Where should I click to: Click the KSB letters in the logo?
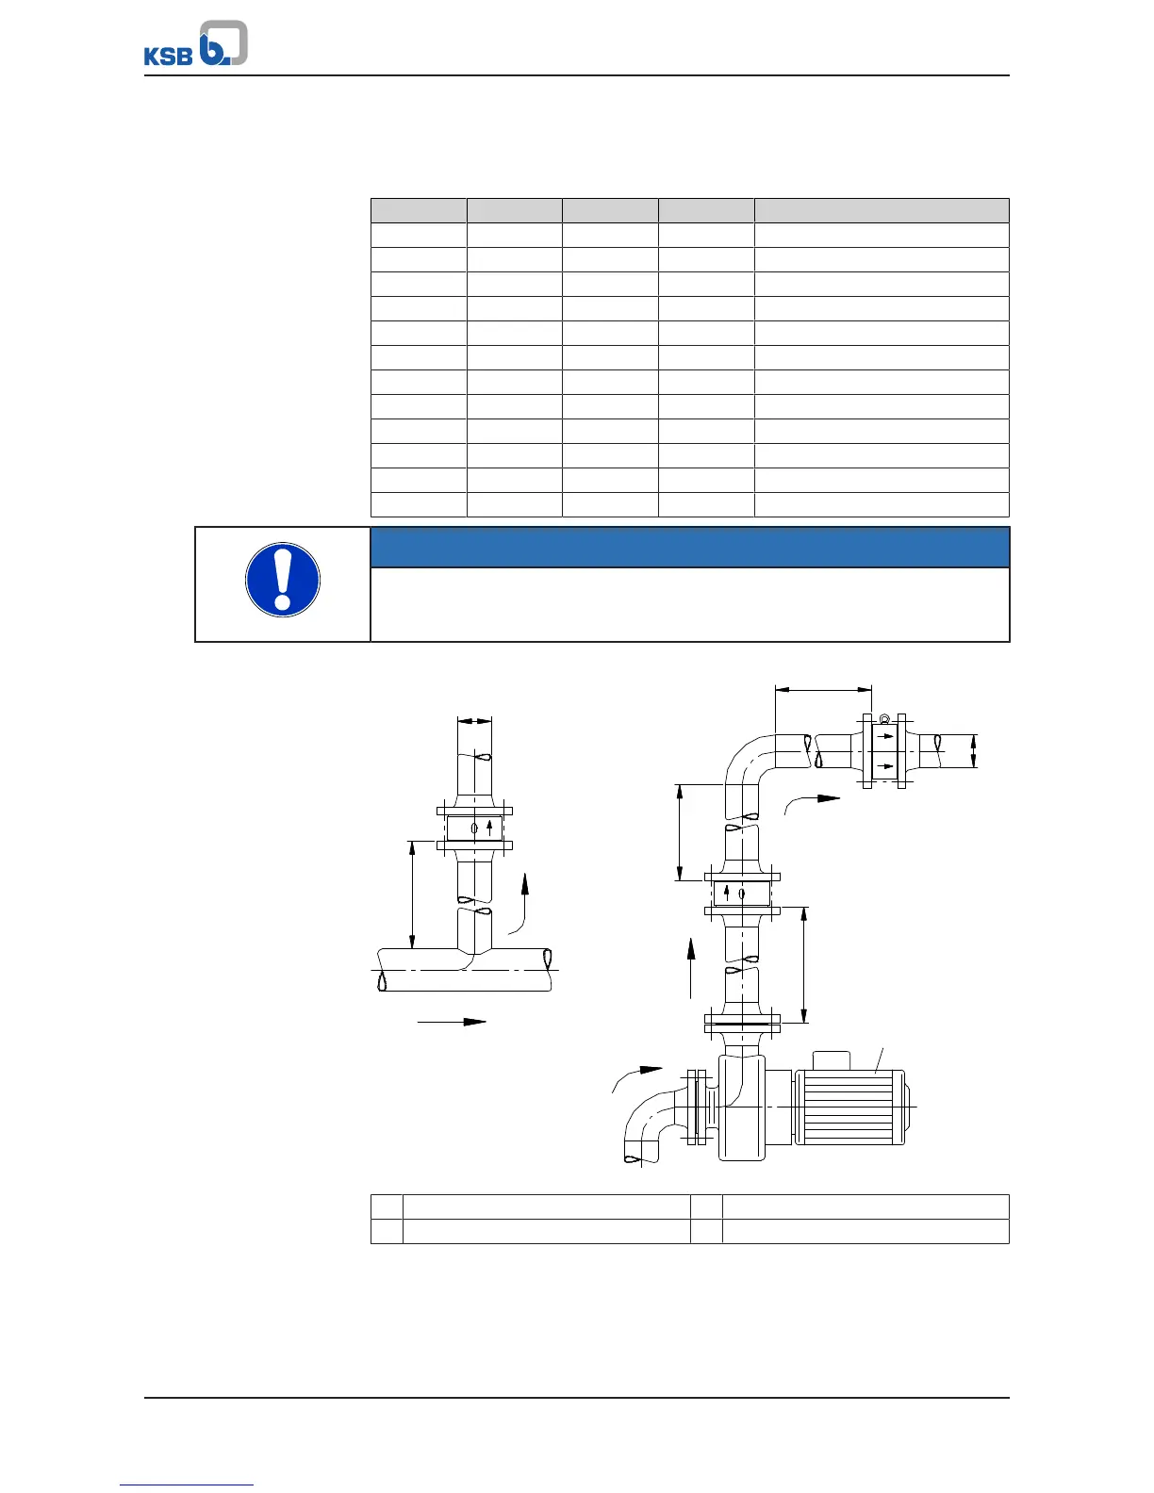(x=168, y=56)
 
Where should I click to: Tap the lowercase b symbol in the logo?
(x=223, y=42)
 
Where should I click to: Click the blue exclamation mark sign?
(x=283, y=580)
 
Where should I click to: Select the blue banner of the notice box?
(x=689, y=547)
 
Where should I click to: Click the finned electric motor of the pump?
(x=851, y=1107)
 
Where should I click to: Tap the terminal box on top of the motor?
(x=832, y=1060)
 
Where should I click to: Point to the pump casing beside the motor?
(x=742, y=1107)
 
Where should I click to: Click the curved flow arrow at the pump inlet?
(x=635, y=1078)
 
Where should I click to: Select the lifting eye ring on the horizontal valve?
(x=884, y=719)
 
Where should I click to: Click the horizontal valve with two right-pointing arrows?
(x=884, y=751)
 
